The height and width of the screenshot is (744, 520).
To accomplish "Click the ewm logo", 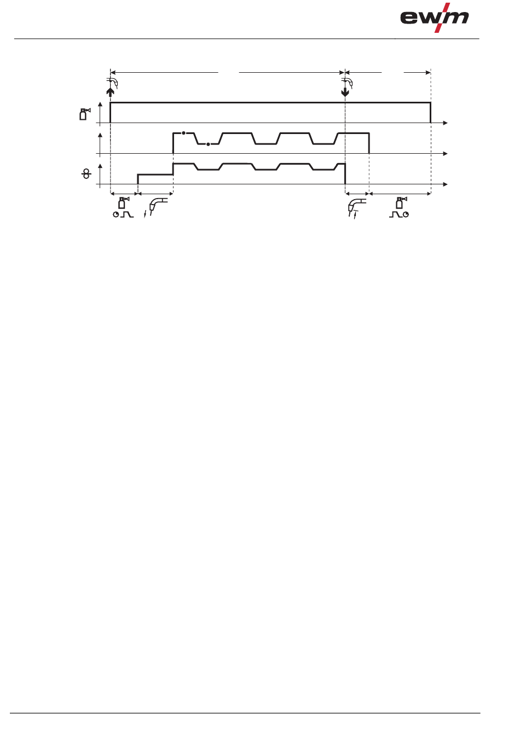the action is click(434, 18).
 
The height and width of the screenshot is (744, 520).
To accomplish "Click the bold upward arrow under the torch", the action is click(111, 92).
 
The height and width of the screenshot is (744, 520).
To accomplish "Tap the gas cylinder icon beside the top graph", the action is click(84, 114).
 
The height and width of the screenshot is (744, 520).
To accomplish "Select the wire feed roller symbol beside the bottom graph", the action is click(86, 174).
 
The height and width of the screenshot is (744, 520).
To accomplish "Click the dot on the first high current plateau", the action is click(183, 133).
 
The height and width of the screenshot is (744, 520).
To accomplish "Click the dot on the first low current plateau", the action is click(208, 144).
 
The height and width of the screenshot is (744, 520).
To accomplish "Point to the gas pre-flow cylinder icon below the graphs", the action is click(123, 203).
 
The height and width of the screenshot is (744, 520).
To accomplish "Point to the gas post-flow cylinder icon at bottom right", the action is click(400, 203).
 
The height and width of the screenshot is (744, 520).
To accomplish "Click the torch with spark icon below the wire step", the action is click(156, 207).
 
